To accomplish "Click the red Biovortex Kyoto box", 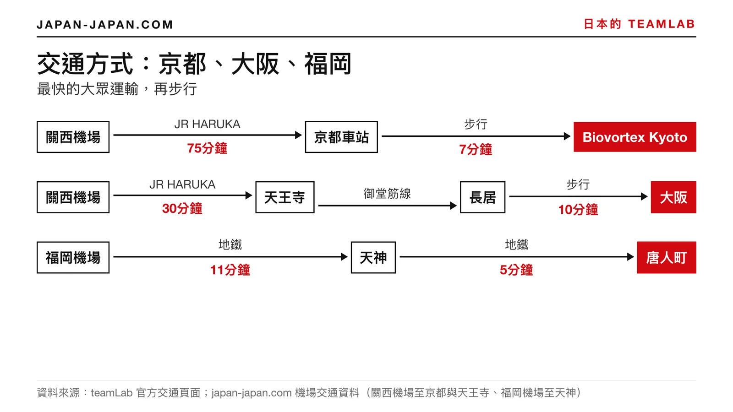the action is pos(635,137).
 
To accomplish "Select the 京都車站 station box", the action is pos(341,137).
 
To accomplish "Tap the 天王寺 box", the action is pos(284,197).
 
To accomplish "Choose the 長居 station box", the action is pos(483,197).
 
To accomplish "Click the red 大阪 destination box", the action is pos(673,197).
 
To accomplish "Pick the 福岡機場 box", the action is pos(73,258).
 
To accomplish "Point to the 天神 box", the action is pos(373,258).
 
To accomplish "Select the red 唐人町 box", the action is pos(667,258).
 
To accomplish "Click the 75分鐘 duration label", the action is pos(207,148).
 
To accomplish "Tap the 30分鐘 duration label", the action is pos(182,209).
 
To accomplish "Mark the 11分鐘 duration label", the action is pos(230,270).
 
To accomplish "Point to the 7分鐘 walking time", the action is pos(476,149).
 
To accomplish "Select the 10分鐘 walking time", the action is pos(578,210).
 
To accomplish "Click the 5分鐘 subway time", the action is pos(516,270).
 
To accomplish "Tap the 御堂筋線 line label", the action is pos(387,194).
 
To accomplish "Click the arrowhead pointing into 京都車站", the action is pos(298,135).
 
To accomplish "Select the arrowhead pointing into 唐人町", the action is pos(630,257).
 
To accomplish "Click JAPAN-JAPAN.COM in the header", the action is pos(105,25).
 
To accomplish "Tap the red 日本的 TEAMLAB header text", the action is pos(640,24).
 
